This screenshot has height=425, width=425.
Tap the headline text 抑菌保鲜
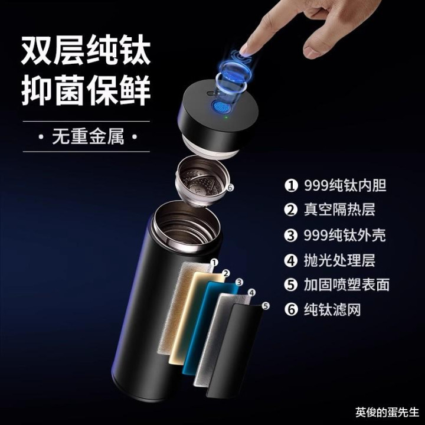coord(86,91)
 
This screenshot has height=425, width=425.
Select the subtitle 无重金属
coord(88,136)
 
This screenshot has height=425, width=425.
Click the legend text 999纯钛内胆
coord(345,185)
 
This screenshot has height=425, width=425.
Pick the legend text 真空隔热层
coord(339,210)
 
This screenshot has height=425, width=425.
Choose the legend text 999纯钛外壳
coord(345,235)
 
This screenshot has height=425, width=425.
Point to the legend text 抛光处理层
coord(339,260)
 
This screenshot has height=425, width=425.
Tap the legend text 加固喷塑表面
coord(346,285)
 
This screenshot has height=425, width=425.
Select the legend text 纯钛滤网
coord(332,309)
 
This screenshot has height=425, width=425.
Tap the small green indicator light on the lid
coord(226,117)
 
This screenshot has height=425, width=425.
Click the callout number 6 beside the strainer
coord(230,187)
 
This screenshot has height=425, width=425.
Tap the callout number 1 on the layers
coord(214,263)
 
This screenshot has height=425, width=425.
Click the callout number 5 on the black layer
coord(266,306)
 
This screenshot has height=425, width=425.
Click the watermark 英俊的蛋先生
coord(387,412)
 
